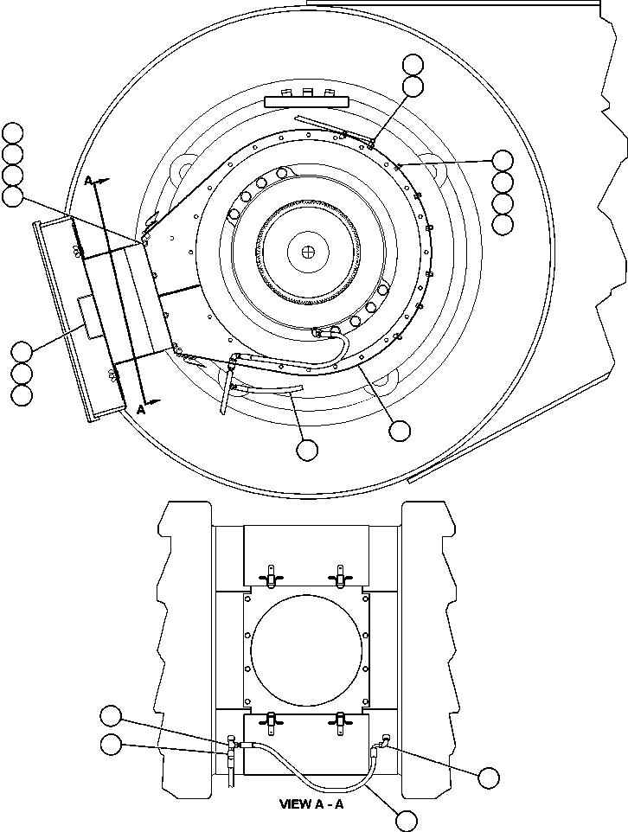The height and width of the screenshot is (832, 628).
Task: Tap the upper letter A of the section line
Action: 88,180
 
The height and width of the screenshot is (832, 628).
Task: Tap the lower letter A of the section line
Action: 139,410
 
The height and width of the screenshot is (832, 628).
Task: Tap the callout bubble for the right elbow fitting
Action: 488,778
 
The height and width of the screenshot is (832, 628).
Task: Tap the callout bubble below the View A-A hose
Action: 404,819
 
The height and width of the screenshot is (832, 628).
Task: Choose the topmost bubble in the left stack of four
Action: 12,132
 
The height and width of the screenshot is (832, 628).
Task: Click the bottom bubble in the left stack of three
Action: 22,394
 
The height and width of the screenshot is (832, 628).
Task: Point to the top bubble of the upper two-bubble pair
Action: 413,64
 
